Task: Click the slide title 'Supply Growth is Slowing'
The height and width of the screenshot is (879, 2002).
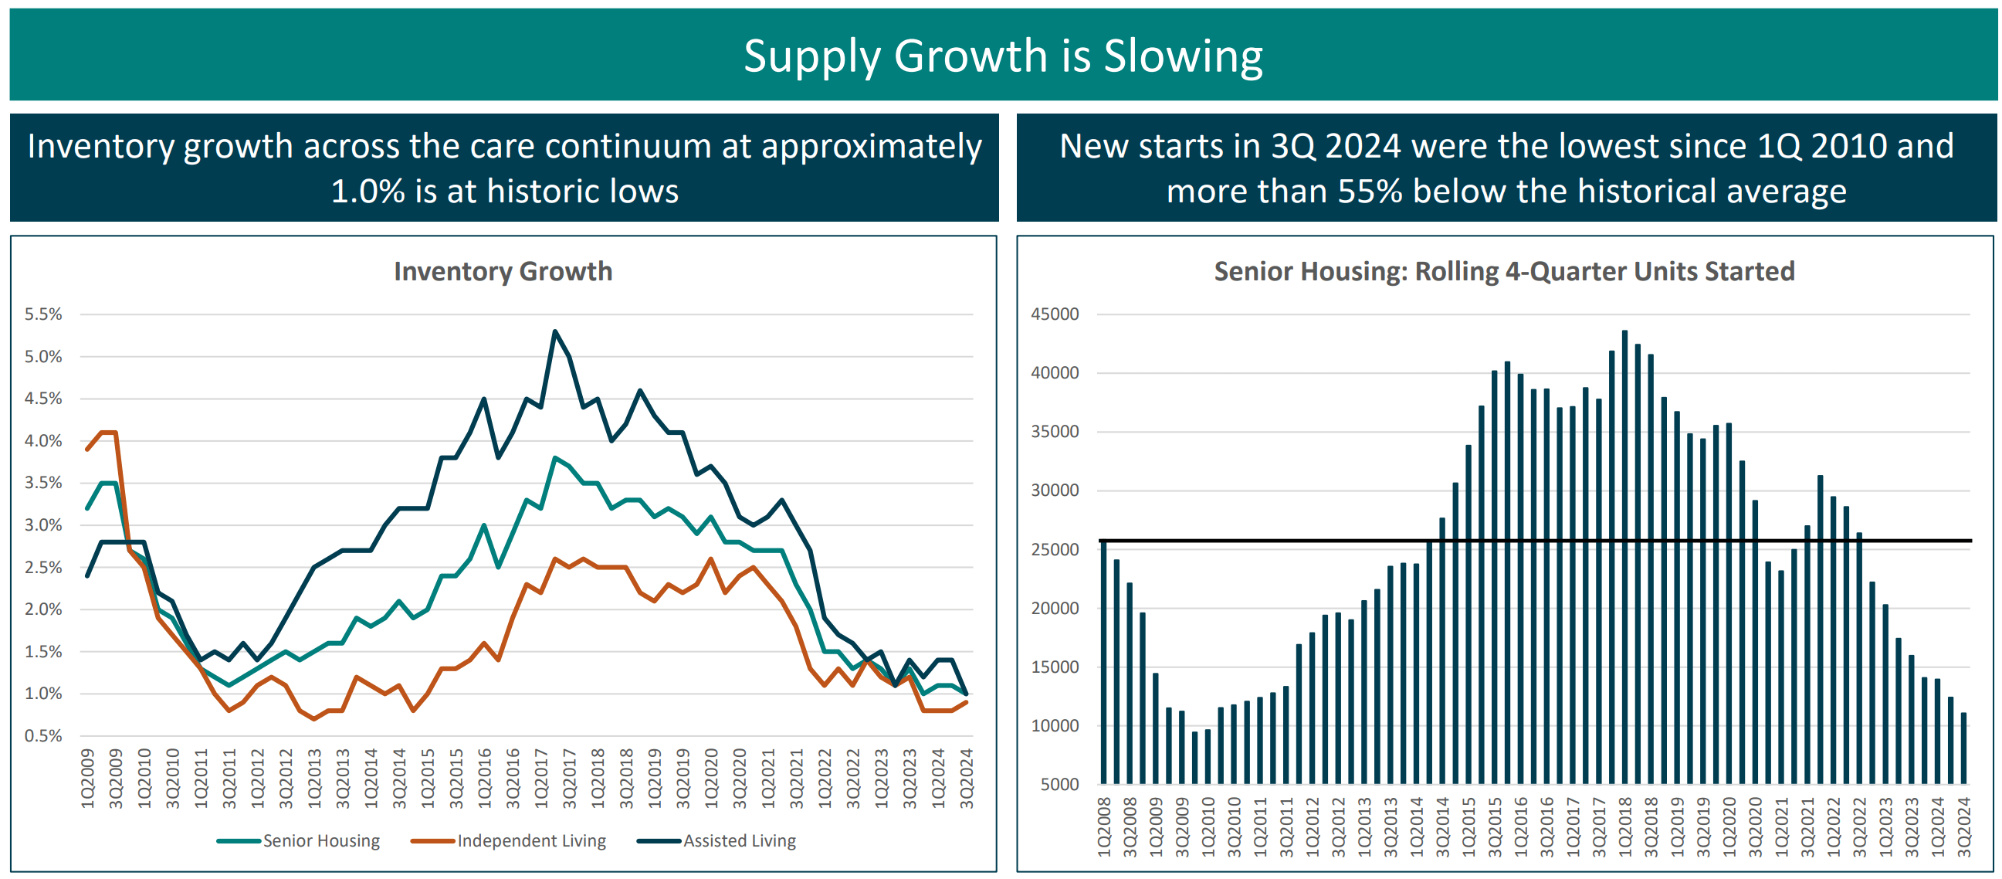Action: tap(1003, 56)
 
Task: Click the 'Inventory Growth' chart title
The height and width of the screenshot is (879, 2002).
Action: tap(503, 271)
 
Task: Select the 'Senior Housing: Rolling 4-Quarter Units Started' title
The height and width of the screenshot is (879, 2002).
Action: tap(1504, 271)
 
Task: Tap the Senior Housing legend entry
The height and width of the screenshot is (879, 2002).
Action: tap(320, 840)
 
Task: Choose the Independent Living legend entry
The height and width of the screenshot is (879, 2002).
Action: tap(531, 840)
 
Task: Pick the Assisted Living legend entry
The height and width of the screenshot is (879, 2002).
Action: tap(738, 840)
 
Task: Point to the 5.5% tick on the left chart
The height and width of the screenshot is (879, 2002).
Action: tap(42, 314)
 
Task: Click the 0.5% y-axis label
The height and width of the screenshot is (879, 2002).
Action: tap(42, 735)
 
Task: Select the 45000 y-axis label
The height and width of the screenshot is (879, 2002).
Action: tap(1055, 314)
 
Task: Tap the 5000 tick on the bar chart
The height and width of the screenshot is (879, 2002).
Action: tap(1059, 784)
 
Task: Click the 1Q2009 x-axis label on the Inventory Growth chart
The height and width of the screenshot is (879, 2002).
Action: tap(88, 778)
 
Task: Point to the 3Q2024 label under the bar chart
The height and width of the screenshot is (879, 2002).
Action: tap(1964, 827)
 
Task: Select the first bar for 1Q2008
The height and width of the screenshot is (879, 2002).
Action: tap(1103, 660)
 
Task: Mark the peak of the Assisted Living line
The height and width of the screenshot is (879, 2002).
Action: tap(555, 331)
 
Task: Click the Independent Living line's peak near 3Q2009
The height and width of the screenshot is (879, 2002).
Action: tap(109, 432)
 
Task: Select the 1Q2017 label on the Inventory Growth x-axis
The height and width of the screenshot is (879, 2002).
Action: tap(541, 778)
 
